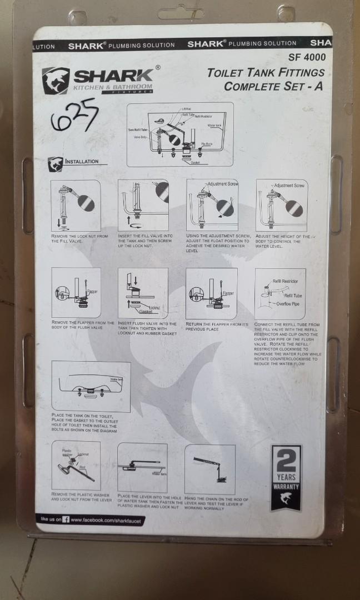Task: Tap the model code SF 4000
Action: coord(307,57)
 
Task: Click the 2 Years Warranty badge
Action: coord(286,477)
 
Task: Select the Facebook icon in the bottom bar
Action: coord(66,519)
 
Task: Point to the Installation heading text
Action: coord(82,162)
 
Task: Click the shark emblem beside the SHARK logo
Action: coord(56,81)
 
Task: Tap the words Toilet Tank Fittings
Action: coord(266,73)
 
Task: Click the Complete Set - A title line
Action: coord(273,87)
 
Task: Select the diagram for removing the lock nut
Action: coord(76,205)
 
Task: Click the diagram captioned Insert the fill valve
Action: coord(143,205)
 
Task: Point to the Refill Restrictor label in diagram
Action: coord(286,282)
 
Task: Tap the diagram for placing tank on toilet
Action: coord(91,386)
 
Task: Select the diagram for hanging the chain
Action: coord(209,469)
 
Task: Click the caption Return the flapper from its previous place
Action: coord(217,326)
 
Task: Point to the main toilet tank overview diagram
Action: coord(179,134)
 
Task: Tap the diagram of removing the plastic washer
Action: coord(76,465)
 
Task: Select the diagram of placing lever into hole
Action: coord(142,467)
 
